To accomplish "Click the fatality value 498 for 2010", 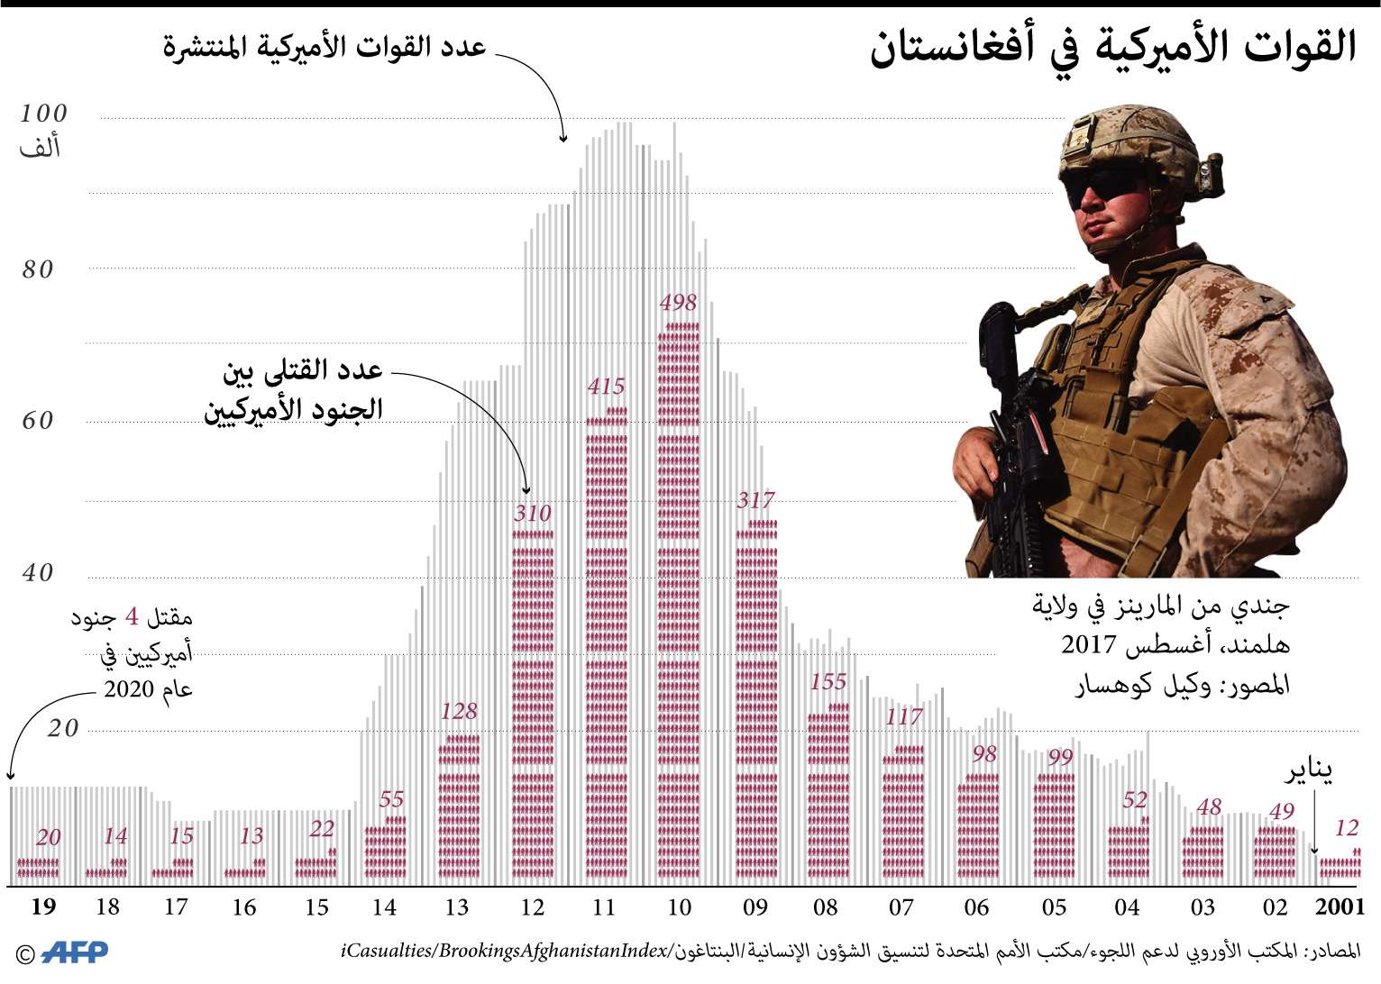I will coord(678,303).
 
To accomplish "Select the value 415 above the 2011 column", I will coord(606,387).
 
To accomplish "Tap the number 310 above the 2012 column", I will coord(532,514).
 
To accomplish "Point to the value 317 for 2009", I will coord(755,500).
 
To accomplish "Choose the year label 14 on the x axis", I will coord(384,907).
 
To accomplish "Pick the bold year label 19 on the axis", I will coord(43,907).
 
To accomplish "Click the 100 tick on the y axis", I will coord(43,114).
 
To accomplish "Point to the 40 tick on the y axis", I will coord(38,573).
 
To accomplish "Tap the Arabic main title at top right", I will coord(1113,47).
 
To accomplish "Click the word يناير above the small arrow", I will coord(1309,770).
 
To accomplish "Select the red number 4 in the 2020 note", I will coord(133,618).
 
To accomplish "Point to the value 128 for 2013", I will coord(459,711).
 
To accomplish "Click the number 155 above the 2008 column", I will coord(828,682).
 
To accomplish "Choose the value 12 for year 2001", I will coord(1347,827).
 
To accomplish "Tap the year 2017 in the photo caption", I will coord(1089,645).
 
